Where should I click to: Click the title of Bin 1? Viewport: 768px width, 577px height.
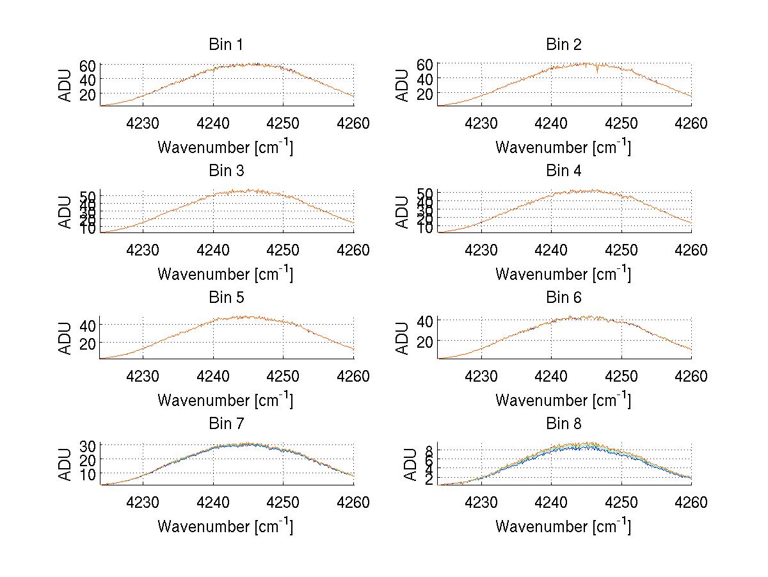[x=225, y=45]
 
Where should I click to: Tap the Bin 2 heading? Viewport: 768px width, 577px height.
[x=563, y=45]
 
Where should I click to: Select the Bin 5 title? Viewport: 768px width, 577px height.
[x=225, y=298]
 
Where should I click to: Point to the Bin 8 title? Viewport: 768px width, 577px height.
[x=563, y=424]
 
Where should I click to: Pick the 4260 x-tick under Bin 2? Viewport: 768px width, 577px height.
[x=691, y=123]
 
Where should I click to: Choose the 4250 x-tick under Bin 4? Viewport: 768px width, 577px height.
[x=621, y=250]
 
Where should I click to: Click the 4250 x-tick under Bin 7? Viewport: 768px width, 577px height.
[x=283, y=502]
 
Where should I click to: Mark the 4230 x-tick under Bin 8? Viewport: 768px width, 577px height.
[x=480, y=502]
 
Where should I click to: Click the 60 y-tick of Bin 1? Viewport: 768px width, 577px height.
[x=88, y=65]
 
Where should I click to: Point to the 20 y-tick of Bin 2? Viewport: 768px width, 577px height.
[x=426, y=93]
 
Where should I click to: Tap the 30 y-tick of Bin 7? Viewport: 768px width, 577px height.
[x=88, y=445]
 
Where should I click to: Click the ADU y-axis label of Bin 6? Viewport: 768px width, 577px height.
[x=403, y=338]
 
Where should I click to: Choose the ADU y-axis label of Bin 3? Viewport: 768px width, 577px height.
[x=65, y=212]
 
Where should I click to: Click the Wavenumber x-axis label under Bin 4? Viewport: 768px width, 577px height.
[x=563, y=274]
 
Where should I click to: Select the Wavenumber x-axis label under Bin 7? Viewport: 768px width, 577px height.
[x=225, y=526]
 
